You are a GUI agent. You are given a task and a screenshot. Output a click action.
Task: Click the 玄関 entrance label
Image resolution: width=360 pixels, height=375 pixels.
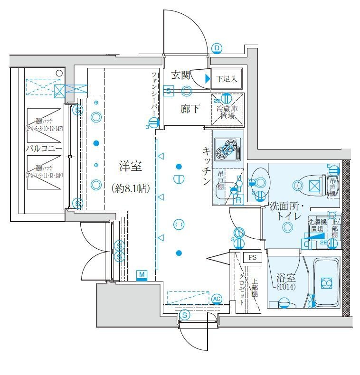[x=181, y=75]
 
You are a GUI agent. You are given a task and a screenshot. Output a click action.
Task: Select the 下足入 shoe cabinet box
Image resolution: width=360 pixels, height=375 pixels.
[x=227, y=79]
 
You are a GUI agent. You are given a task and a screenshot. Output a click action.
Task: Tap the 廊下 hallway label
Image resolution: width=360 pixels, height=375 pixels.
[x=190, y=109]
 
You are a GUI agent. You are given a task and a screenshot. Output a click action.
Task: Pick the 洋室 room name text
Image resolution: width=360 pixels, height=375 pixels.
[x=130, y=167]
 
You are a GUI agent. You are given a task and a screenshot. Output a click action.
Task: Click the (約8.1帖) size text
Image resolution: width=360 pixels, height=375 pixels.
[x=131, y=188]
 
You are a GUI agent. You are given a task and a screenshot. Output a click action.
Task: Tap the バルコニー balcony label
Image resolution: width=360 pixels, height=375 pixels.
[x=44, y=149]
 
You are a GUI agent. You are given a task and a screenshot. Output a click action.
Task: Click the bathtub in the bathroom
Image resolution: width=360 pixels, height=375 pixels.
[x=326, y=283]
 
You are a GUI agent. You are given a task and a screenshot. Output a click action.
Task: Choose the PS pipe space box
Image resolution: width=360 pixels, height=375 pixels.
[x=252, y=258]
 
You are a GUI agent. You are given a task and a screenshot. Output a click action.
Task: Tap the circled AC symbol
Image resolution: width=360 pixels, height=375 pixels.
[x=217, y=299]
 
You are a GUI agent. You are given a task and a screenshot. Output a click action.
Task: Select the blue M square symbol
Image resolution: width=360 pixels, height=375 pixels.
[x=142, y=274]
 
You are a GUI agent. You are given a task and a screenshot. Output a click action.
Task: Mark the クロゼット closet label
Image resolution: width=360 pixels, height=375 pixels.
[x=242, y=288]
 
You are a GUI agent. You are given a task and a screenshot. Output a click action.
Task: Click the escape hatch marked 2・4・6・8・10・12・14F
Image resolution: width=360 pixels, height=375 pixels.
[x=44, y=122]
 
